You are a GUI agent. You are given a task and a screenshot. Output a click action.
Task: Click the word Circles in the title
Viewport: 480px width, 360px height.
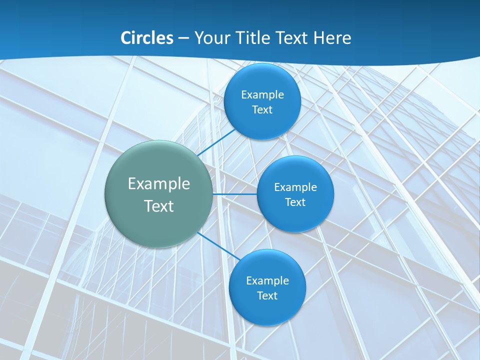pyautogui.click(x=147, y=38)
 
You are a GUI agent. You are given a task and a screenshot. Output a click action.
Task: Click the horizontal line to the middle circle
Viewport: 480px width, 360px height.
pyautogui.click(x=234, y=194)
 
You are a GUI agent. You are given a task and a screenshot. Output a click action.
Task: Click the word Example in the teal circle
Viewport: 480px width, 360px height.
pyautogui.click(x=158, y=184)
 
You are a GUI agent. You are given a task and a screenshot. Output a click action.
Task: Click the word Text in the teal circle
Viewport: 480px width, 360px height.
pyautogui.click(x=158, y=206)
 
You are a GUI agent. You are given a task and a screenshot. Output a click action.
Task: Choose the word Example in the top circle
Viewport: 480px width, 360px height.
pyautogui.click(x=262, y=95)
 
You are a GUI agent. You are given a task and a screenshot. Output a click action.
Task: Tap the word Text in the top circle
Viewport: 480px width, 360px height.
pyautogui.click(x=262, y=110)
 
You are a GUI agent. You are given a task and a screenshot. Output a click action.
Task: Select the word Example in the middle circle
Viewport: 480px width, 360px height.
pyautogui.click(x=295, y=187)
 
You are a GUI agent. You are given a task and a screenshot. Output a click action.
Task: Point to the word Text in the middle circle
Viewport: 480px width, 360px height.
pyautogui.click(x=295, y=202)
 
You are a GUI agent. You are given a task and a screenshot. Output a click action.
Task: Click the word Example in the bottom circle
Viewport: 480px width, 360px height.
pyautogui.click(x=267, y=281)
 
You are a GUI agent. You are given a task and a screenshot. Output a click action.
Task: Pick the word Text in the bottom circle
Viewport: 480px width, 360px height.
pyautogui.click(x=267, y=296)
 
